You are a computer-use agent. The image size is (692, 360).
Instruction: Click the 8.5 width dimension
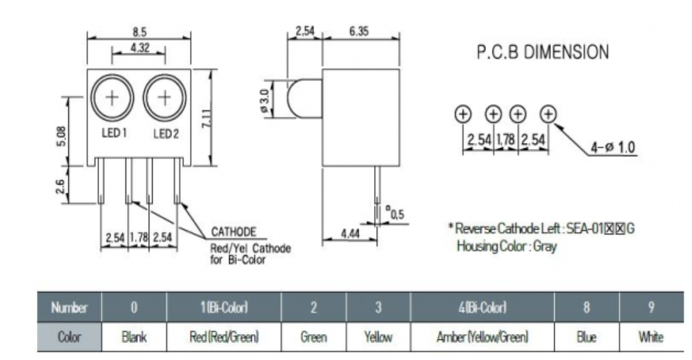coord(139,32)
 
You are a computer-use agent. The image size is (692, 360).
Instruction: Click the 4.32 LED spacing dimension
coord(139,48)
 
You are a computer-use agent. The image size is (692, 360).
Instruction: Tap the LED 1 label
coord(114,132)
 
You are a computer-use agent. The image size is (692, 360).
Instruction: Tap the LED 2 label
coord(166,133)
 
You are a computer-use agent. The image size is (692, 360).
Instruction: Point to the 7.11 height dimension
coord(207,118)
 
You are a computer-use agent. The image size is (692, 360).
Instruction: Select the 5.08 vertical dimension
coord(61,136)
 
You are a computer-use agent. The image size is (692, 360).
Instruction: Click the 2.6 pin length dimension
coord(61,187)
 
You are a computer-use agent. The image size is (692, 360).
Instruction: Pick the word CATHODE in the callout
coord(234,232)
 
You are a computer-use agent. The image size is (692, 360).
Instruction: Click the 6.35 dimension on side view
coord(359,31)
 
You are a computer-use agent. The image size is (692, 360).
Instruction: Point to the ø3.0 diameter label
coord(265,101)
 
